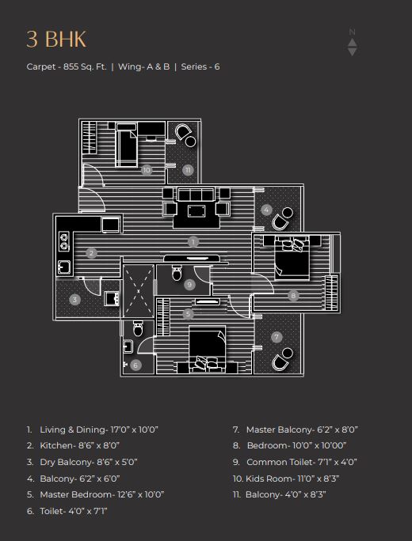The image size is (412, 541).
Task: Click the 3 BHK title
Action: coord(56,39)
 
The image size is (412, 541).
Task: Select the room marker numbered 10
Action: coord(147,170)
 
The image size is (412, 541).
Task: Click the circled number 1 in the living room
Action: coord(193,242)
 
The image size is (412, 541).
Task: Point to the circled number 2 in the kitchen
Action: coord(91,253)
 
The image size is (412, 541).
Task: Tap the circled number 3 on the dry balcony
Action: coord(74,300)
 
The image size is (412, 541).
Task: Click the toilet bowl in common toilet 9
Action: coord(177,273)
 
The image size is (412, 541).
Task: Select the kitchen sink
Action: coord(64,267)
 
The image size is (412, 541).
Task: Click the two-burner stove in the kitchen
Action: coord(64,241)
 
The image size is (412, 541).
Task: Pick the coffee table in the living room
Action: coord(196,211)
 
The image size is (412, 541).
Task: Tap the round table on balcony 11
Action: coord(190,142)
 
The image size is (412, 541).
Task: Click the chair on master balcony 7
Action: coord(279,362)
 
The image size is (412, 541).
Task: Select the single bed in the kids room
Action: coord(126,145)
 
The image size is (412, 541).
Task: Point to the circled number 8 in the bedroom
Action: coord(293,295)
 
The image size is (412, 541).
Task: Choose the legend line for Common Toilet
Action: coord(295,462)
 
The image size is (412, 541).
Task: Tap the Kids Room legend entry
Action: coord(286,479)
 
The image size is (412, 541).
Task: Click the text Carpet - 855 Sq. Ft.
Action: coord(67,66)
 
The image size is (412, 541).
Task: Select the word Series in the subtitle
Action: coord(194,66)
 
